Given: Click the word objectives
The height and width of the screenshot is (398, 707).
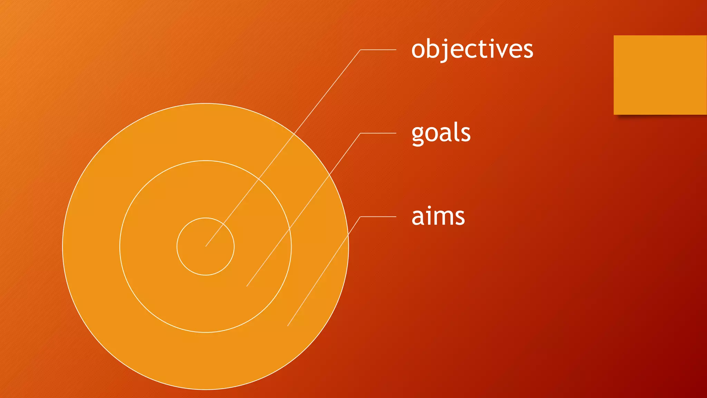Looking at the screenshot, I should point(472,49).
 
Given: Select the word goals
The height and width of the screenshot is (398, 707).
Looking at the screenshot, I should point(441,133).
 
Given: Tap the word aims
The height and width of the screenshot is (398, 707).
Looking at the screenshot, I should point(438,217).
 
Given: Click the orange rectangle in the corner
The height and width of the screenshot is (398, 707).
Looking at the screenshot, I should point(660,75).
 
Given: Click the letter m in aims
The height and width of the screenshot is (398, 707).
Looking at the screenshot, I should point(442,218).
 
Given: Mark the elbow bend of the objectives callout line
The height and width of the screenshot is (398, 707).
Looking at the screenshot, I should point(360,50).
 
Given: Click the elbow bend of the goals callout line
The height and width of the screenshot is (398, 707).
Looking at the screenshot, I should point(360,133).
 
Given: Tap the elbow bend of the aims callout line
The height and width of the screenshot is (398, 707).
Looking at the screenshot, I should point(360,217).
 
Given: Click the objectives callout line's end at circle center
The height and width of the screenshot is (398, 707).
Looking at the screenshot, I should point(206,246).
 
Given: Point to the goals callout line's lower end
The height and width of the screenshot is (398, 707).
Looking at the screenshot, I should point(246,286).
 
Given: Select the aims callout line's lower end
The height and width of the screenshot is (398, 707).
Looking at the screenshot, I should point(288,326).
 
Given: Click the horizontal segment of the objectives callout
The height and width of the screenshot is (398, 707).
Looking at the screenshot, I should point(378,50).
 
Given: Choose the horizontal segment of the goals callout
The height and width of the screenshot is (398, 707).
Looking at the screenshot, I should point(378,133).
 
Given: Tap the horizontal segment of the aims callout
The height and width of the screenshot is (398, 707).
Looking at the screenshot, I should point(378,217).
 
